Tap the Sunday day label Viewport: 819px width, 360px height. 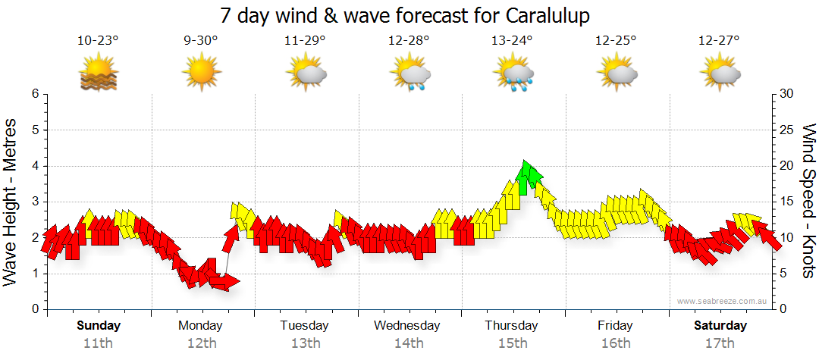(x=99, y=326)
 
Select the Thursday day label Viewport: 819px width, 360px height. (x=512, y=326)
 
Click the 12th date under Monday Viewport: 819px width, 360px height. (x=201, y=343)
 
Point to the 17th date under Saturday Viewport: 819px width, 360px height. (x=720, y=343)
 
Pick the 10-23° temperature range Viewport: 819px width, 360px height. (x=99, y=41)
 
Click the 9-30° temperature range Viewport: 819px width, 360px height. (x=201, y=41)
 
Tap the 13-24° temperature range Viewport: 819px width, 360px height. (x=512, y=41)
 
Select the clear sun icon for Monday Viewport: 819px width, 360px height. (x=201, y=73)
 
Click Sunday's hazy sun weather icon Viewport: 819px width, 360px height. (x=99, y=74)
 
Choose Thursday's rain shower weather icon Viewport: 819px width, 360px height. (x=515, y=74)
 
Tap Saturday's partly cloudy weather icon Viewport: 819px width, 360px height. (x=720, y=74)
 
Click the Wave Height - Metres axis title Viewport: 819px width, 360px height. (x=11, y=202)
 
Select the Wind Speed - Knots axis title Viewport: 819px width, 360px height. (x=808, y=202)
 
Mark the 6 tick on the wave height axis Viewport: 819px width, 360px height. (x=33, y=94)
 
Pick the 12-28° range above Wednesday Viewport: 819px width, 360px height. (x=409, y=41)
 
